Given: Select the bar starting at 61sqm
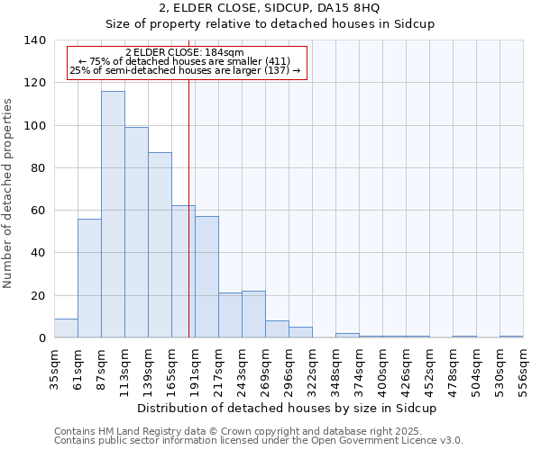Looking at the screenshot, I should (x=89, y=278).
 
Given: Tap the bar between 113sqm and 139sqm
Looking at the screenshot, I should (x=136, y=232).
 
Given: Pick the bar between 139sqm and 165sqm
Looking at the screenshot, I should (x=160, y=245).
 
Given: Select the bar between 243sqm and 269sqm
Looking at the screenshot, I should (x=253, y=314).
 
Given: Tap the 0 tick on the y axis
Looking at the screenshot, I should (x=42, y=338).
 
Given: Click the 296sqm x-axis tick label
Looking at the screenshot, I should (x=289, y=366).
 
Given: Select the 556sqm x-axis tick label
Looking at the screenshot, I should (x=524, y=366).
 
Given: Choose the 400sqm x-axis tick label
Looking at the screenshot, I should (x=383, y=366).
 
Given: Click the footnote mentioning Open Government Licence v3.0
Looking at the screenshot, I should (x=259, y=440).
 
